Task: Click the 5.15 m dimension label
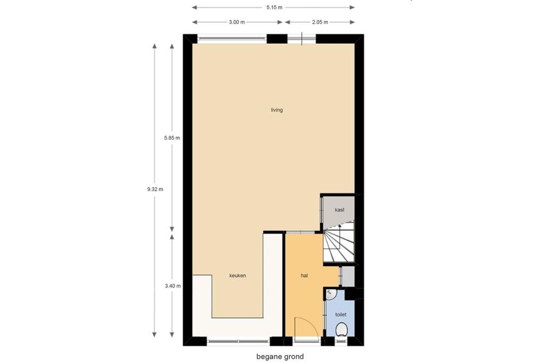pos(274,8)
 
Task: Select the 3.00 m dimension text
pos(237,22)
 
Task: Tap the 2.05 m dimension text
pos(320,22)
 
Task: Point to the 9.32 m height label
pos(155,189)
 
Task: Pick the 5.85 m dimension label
pos(172,138)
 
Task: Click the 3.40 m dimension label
pos(173,286)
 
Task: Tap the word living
pos(277,110)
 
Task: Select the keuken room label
pos(237,276)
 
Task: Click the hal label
pos(304,276)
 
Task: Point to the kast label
pos(339,210)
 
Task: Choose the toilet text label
pos(341,315)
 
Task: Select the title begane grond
pos(280,356)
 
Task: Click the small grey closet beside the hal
pos(348,276)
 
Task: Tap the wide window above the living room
pos(232,39)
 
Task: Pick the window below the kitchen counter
pos(238,341)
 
